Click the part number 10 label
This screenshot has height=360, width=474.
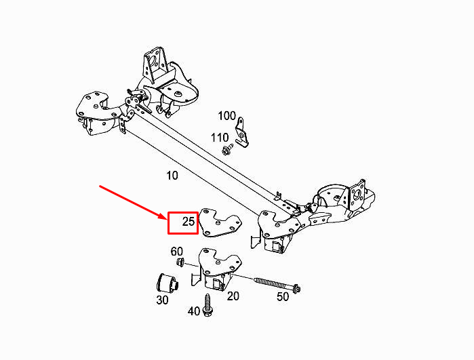[172, 176]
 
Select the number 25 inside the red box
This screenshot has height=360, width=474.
[189, 222]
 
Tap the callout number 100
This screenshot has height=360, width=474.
[226, 115]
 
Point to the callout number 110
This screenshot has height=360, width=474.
[220, 138]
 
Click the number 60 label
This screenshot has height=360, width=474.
[177, 251]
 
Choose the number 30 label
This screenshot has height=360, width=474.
[162, 300]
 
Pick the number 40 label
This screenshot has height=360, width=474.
[194, 311]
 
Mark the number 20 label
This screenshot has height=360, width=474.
[233, 296]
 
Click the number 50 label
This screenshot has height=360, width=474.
[283, 296]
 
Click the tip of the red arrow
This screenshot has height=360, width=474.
[166, 218]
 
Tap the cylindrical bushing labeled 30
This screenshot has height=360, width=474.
[168, 283]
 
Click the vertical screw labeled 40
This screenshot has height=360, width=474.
[208, 304]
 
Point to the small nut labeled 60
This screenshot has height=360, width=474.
[180, 262]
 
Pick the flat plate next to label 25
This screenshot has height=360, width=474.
[221, 223]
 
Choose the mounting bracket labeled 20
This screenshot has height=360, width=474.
[217, 268]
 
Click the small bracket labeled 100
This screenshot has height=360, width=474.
[241, 132]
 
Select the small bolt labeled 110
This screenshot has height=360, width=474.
[227, 149]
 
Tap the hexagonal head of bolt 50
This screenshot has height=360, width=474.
[296, 289]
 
